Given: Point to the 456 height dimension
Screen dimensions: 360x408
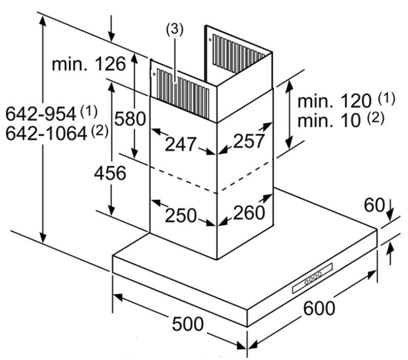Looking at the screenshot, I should tap(110, 173).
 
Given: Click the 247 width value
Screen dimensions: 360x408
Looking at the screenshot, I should tap(180, 144).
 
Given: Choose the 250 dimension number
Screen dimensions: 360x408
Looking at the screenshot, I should tap(180, 215).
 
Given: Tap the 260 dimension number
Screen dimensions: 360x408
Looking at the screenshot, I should tap(248, 213).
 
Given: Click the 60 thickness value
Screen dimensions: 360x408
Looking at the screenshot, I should tap(374, 205).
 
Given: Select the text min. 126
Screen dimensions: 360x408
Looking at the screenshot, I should tap(89, 64).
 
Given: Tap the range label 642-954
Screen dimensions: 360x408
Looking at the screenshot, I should tap(41, 113).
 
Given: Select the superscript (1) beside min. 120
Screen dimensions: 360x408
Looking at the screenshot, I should tap(387, 98).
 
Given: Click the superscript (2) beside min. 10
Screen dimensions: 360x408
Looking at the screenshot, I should tap(375, 118).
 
